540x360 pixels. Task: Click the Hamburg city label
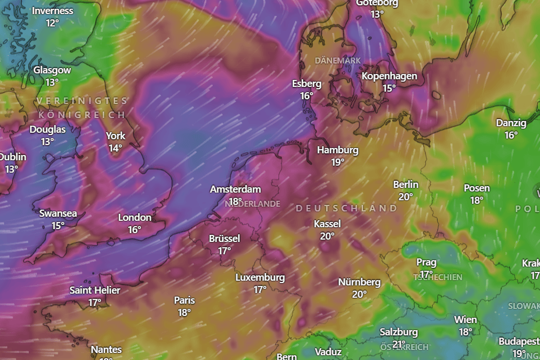point(337,150)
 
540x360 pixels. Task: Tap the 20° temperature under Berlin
point(406,197)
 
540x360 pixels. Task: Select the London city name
point(135,217)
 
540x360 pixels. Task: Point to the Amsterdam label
point(235,189)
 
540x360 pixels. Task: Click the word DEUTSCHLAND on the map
point(346,208)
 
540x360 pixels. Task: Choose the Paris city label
point(184,300)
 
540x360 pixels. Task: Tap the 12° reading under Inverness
point(52,23)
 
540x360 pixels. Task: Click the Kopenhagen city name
point(389,76)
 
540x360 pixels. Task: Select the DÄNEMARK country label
point(337,60)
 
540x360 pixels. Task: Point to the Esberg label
point(307,83)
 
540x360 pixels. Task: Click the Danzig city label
point(511,123)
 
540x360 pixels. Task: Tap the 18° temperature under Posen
point(477,200)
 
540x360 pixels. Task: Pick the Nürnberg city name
point(359,282)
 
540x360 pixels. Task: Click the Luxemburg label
point(260,277)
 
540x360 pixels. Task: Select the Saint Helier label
point(95,290)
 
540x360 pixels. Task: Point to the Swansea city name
point(58,213)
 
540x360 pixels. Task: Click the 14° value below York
point(115,148)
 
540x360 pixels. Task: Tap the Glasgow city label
point(52,70)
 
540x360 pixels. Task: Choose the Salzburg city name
point(398,332)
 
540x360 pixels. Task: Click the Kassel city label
point(327,224)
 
